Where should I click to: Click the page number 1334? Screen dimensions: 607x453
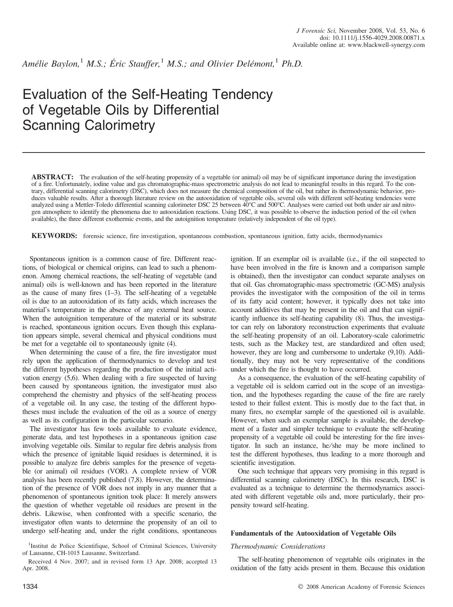[30, 587]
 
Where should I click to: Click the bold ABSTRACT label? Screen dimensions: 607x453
[52, 177]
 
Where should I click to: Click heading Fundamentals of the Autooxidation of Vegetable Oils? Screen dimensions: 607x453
[313, 533]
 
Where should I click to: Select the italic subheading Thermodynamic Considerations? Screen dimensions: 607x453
[278, 546]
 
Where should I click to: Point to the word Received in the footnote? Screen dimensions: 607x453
[40, 562]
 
